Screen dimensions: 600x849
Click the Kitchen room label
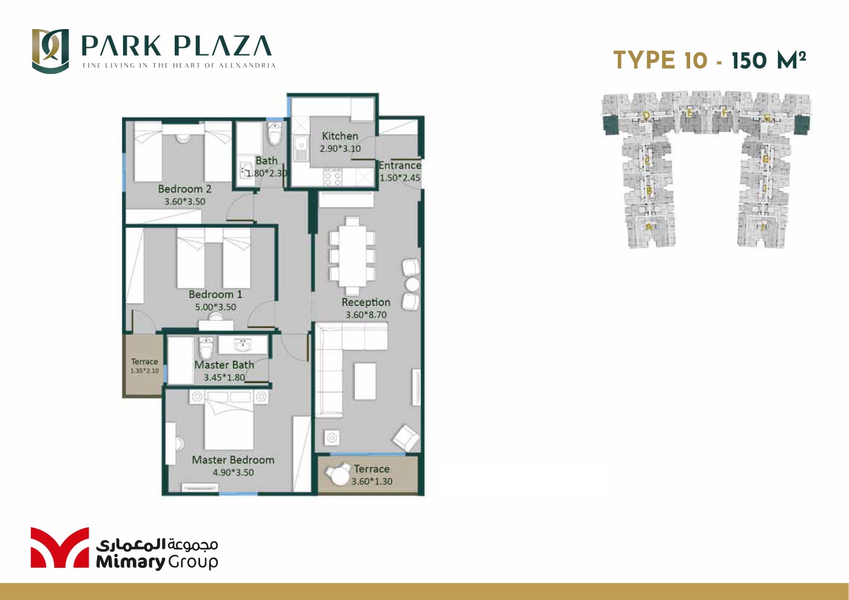click(x=340, y=136)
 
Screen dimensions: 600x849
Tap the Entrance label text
click(x=400, y=165)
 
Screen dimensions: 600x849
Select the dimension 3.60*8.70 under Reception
click(x=366, y=315)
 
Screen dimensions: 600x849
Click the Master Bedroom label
click(x=233, y=460)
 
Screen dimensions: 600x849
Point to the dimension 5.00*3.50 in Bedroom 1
click(x=215, y=307)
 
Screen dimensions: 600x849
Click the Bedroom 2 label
click(x=184, y=189)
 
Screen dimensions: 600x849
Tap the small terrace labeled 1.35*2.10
click(x=144, y=365)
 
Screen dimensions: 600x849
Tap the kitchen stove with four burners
click(x=332, y=176)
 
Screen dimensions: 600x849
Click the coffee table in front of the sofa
click(x=364, y=381)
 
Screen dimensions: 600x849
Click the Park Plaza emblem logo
click(x=50, y=51)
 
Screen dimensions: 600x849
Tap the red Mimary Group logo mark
click(x=59, y=548)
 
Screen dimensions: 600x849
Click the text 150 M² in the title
click(x=768, y=61)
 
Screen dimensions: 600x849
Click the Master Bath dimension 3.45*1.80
click(x=224, y=378)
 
